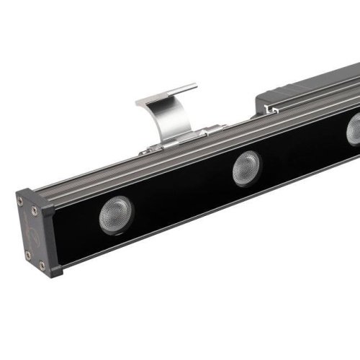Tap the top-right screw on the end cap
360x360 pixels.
pyautogui.click(x=34, y=211)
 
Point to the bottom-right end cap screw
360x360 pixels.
pyautogui.click(x=40, y=266)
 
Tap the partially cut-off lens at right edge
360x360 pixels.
pyautogui.click(x=354, y=130)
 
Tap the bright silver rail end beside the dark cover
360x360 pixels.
pyautogui.click(x=272, y=109)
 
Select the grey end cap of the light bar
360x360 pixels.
pyautogui.click(x=32, y=230)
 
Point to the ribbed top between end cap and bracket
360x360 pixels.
pyautogui.click(x=86, y=173)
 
